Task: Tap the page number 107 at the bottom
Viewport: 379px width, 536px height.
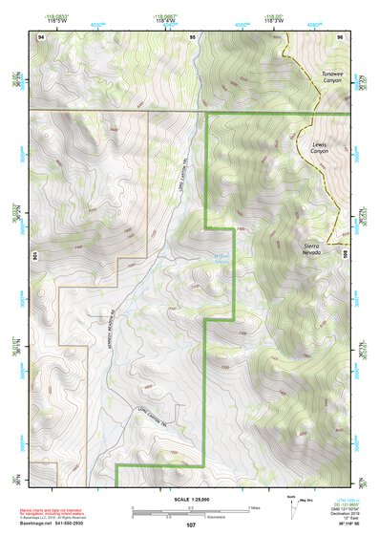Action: pos(191,525)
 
